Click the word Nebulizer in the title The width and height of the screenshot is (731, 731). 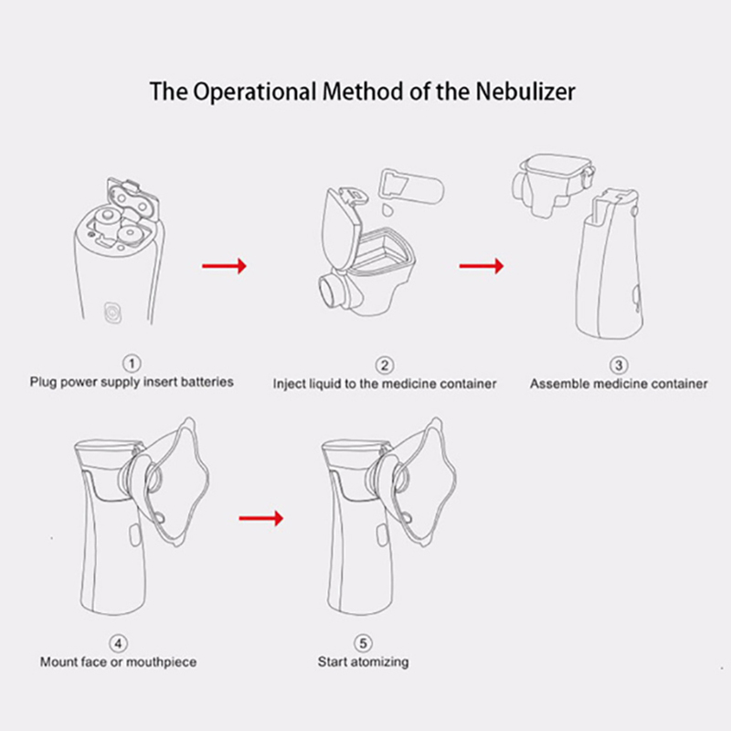[524, 91]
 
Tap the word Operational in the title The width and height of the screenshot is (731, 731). [255, 92]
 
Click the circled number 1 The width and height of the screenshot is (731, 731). [132, 363]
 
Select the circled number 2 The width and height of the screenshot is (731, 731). [385, 365]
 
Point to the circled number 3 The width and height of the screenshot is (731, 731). [619, 365]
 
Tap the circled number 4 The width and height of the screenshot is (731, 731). [118, 643]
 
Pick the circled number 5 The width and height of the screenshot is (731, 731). [363, 643]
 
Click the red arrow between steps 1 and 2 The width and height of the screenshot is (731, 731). [224, 266]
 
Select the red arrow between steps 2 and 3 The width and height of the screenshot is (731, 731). [482, 266]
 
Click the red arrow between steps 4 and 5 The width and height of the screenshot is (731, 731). [261, 518]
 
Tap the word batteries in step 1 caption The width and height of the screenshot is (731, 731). [207, 382]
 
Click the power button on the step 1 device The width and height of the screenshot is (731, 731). [112, 313]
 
